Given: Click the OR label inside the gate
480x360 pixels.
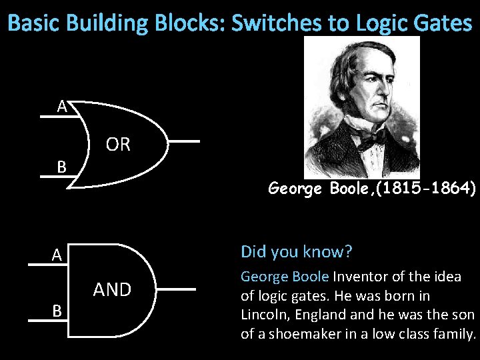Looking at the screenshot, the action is [x=118, y=145].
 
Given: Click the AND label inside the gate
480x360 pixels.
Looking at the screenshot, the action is [x=112, y=289].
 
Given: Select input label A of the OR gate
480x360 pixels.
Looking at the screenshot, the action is [x=61, y=106].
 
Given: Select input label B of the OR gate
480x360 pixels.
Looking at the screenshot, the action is [x=61, y=167].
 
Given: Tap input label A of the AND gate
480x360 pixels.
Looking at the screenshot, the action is [x=57, y=255].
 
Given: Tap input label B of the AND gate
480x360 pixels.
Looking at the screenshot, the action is [x=57, y=311].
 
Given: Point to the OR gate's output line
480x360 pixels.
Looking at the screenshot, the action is [x=183, y=142].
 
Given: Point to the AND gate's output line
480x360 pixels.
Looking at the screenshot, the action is [x=177, y=289].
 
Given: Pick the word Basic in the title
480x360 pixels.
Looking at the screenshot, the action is [x=32, y=24].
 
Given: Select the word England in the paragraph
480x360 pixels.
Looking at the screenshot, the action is [x=336, y=315].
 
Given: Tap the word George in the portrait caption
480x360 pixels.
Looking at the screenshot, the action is [x=297, y=189].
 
